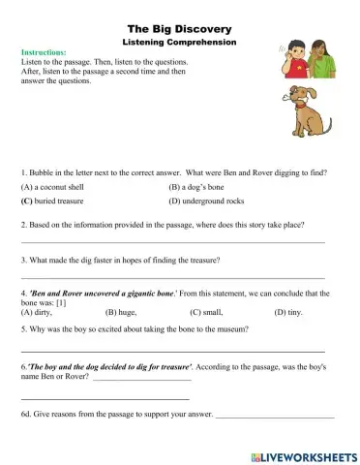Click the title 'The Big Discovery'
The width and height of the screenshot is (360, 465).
pos(180,30)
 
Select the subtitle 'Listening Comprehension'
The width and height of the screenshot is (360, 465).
pos(180,44)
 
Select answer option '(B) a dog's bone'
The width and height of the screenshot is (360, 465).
pos(200,185)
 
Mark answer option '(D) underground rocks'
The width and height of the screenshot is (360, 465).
pos(212,201)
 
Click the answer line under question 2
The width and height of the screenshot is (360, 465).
pos(172,242)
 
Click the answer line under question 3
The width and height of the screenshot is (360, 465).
pos(172,278)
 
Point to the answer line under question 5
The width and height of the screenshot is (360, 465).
pos(172,349)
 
